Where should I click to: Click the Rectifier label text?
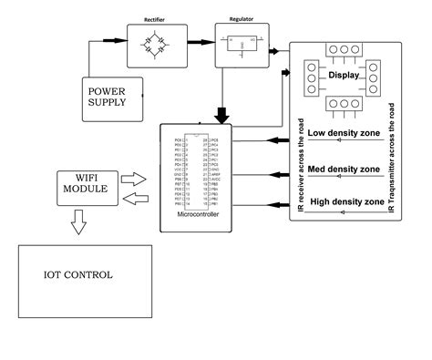click(154, 17)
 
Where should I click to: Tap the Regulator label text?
click(227, 17)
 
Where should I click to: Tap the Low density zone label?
click(345, 133)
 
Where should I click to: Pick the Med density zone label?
click(345, 170)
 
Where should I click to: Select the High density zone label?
click(345, 201)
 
